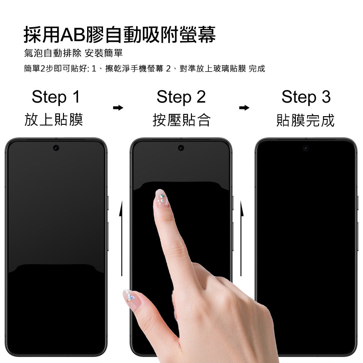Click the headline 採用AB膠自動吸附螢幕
[120, 34]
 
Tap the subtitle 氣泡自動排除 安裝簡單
[73, 53]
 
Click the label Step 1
[56, 97]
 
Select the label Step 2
[181, 97]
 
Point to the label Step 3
[306, 97]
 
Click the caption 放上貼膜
[54, 120]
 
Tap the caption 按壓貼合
[181, 120]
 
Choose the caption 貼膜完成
[305, 120]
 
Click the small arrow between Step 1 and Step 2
[118, 108]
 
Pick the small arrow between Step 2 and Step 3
[244, 108]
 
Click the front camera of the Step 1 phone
[56, 148]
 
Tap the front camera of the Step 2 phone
[181, 148]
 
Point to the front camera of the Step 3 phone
[306, 148]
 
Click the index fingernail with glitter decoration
[162, 198]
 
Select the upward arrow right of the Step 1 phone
[121, 239]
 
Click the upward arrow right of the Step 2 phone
[241, 239]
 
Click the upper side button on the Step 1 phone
[108, 203]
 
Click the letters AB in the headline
[73, 35]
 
